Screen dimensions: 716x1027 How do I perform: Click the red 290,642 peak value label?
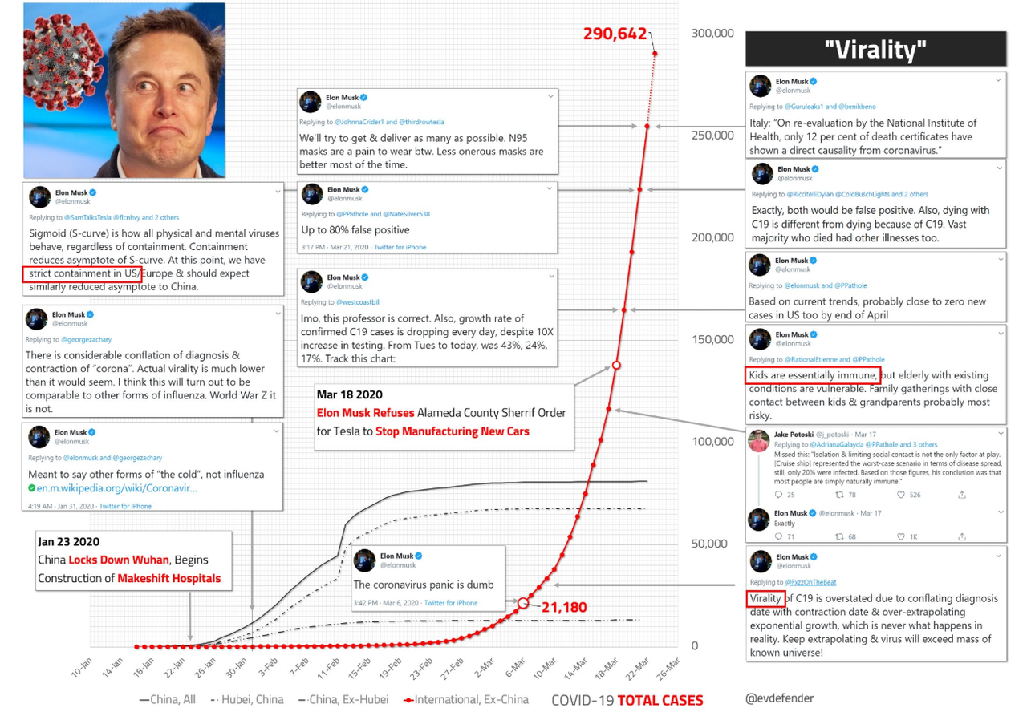615,34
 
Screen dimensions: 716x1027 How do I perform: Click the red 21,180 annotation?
565,607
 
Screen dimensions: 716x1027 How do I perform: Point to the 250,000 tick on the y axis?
712,135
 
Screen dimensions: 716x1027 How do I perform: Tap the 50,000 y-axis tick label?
712,543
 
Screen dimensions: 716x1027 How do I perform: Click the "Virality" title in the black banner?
875,50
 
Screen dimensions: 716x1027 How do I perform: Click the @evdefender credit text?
779,698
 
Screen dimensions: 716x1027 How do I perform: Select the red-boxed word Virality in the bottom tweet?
765,598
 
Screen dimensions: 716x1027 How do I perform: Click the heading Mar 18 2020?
349,394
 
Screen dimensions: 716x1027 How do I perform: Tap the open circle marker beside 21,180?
523,603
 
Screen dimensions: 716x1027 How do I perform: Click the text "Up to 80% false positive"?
355,230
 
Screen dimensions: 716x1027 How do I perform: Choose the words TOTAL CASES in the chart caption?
660,700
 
